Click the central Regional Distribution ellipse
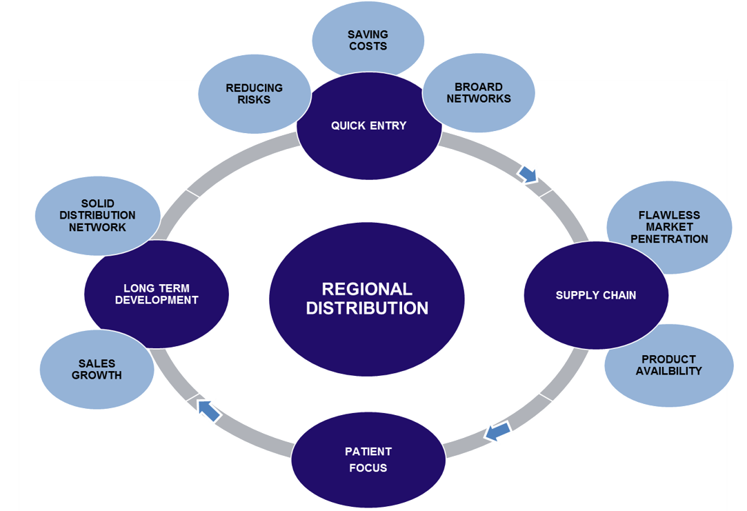[x=366, y=299]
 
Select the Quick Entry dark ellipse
[x=368, y=126]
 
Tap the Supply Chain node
[x=596, y=295]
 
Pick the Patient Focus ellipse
[x=368, y=460]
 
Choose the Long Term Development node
[x=156, y=294]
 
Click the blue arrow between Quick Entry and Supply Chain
[x=528, y=175]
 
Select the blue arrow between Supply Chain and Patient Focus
[x=497, y=432]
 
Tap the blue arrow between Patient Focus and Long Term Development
[x=208, y=410]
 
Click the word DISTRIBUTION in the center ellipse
[x=366, y=308]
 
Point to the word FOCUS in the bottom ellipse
[x=368, y=468]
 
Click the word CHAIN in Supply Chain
[x=619, y=295]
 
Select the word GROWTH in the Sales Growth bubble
[x=97, y=376]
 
